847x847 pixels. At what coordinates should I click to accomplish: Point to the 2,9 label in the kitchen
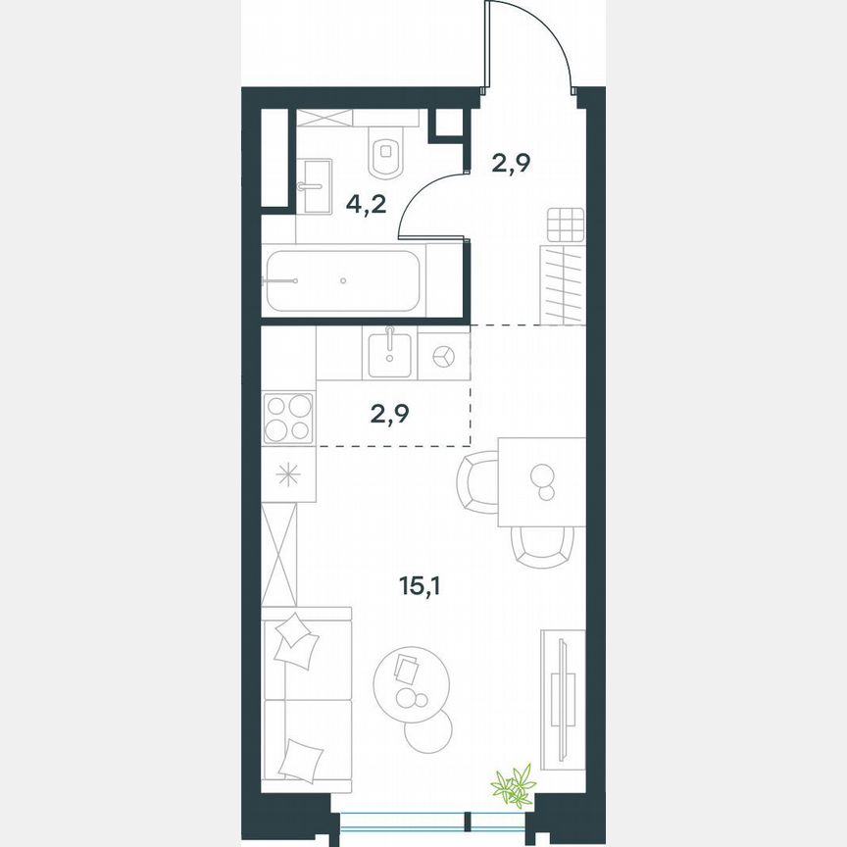389,412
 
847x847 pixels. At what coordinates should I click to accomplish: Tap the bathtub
343,280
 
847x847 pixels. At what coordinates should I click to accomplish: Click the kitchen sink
390,353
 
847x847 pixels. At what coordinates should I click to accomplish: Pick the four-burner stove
288,419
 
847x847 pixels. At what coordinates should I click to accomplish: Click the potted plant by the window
512,785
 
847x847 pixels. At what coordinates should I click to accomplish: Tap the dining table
541,481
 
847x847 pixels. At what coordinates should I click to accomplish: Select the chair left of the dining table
478,481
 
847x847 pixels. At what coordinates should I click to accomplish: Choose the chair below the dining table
542,547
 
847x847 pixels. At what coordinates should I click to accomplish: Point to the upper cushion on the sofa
297,642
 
